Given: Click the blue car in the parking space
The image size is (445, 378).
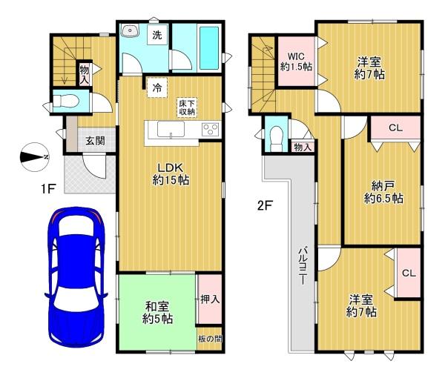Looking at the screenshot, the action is point(76,277).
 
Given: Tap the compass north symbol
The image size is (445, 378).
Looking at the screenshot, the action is point(35,157).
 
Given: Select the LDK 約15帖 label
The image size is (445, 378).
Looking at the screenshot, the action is point(171,174).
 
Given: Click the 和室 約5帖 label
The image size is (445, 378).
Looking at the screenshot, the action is point(157,313).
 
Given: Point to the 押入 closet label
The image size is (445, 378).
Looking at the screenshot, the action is point(210,299).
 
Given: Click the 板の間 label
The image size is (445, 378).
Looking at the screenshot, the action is point(210,339).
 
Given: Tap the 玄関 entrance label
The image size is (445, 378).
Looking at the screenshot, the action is point(95,141).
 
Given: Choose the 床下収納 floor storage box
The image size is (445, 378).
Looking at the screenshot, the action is point(187,107).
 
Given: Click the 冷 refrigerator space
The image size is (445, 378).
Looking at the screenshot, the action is point(157,88).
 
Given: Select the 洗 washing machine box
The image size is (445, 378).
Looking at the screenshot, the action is point(157,35).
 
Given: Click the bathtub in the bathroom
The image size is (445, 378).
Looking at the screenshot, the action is point(209,48).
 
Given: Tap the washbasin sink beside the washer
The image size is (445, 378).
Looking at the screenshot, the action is point(129,30).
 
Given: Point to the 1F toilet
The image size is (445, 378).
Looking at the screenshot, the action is point(66,101).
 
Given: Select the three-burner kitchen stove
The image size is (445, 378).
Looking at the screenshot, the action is point(211,129).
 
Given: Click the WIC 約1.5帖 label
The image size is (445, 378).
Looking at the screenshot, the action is point(296,62).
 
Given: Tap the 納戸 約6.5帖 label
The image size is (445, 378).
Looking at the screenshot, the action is point(383,192).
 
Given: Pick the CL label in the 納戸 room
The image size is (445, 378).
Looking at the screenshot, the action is point(395,128).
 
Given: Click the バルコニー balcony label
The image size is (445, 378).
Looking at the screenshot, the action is point(303,265).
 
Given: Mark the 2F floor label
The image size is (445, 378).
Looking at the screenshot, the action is point(265,205).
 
